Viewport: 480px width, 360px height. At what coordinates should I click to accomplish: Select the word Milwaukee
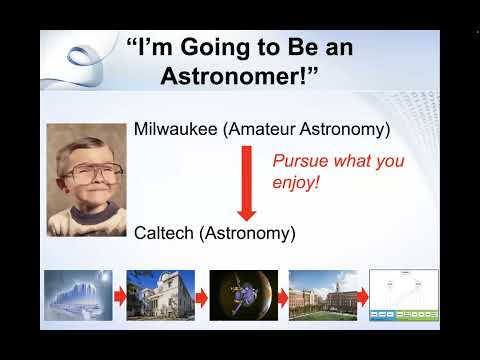[176, 129]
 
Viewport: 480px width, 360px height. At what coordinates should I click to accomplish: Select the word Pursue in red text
[298, 160]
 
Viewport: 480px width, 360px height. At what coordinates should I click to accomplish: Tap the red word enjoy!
[296, 183]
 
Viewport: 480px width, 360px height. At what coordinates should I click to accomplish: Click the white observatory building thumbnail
[160, 295]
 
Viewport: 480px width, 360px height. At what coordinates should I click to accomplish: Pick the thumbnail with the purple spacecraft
[242, 295]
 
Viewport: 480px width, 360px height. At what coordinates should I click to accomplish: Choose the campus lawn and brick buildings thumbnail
[322, 295]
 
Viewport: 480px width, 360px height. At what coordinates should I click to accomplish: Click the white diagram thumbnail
[404, 295]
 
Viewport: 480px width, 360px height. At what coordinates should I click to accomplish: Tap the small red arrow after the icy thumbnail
[119, 296]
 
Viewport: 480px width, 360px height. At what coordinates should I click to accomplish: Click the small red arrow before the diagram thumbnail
[363, 296]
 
